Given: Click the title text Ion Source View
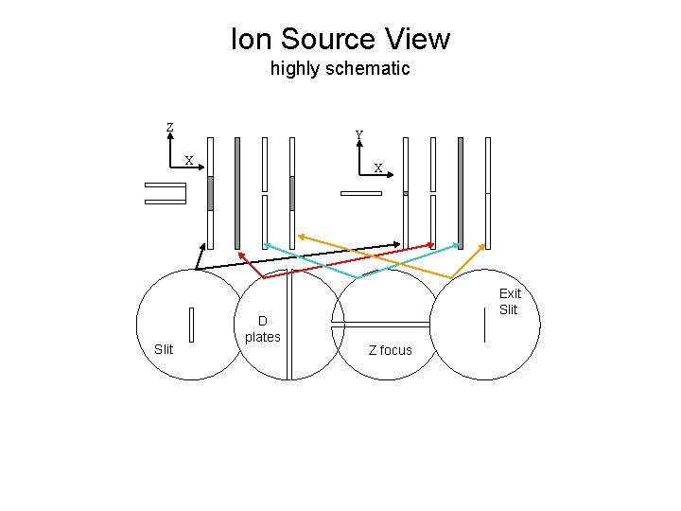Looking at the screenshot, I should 340,39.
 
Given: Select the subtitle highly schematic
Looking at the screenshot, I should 340,68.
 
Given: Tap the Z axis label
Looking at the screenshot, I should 169,128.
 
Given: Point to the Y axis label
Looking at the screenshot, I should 359,134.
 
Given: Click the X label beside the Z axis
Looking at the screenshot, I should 188,160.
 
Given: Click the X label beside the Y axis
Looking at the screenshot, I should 378,168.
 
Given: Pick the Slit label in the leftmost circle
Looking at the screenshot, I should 164,349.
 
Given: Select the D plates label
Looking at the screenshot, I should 262,328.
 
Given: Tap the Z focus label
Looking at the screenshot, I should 390,350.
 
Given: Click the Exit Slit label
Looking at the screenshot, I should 510,302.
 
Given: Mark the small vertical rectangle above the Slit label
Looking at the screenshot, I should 191,324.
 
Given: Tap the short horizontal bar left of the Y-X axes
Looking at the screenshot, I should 360,193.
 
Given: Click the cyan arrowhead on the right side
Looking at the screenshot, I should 458,243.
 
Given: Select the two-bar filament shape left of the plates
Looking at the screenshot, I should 166,192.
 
